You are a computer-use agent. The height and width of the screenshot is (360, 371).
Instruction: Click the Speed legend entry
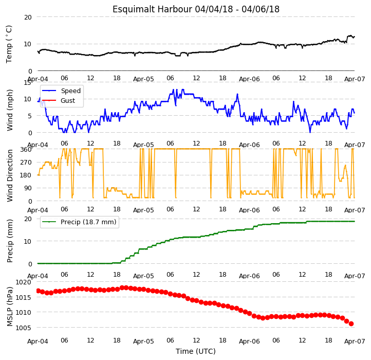click(x=61, y=91)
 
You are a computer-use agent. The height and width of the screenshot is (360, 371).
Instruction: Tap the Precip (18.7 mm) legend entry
click(x=79, y=222)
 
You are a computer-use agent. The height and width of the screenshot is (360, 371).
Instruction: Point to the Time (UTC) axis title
click(x=196, y=351)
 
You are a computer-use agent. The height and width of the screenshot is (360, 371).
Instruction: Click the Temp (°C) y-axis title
click(x=9, y=44)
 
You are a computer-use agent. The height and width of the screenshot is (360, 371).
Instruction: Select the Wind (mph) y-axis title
click(x=10, y=110)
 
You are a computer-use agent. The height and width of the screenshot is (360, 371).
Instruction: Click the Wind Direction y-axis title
click(x=10, y=175)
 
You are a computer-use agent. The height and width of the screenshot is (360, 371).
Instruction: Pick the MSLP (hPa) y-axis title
click(x=10, y=307)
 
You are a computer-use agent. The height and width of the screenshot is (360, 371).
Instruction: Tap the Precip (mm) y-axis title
click(x=10, y=241)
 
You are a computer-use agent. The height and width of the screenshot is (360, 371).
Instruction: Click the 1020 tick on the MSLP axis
click(x=24, y=282)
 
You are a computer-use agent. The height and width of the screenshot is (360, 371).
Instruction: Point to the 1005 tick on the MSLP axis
click(x=24, y=328)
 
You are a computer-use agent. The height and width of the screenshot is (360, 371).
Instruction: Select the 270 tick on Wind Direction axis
click(x=26, y=162)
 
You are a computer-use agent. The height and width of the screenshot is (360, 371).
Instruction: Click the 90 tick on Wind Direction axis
click(x=28, y=188)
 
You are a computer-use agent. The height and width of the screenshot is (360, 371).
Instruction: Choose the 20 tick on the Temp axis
click(x=28, y=17)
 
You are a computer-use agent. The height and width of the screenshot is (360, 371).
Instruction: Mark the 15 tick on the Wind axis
click(x=28, y=82)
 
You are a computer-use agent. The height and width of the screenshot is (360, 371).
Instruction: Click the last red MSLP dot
click(x=351, y=324)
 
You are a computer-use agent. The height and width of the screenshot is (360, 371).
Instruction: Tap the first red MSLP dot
click(x=38, y=291)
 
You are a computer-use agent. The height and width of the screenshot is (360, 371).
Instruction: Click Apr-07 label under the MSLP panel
click(x=355, y=341)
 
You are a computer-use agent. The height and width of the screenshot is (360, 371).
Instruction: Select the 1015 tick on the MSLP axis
click(x=24, y=297)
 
